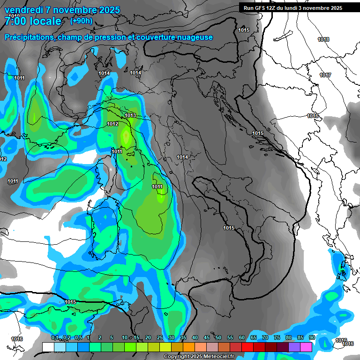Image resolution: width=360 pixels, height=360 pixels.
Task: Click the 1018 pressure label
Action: [x=323, y=40]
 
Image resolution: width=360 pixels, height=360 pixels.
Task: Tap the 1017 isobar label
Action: [x=325, y=75]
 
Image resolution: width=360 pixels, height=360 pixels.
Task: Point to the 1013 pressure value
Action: [x=130, y=115]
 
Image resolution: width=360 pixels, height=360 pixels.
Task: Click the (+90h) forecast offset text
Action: [x=81, y=21]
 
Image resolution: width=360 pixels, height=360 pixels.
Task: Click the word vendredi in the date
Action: [x=24, y=10]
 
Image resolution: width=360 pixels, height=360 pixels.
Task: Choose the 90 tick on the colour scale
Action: [x=312, y=337]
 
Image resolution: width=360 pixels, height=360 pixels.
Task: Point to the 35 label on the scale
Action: [x=183, y=337]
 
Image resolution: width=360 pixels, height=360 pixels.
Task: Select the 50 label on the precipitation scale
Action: [x=218, y=337]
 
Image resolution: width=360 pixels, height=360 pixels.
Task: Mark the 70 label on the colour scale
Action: [x=265, y=337]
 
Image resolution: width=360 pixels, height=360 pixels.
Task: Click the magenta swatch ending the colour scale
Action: [x=306, y=346]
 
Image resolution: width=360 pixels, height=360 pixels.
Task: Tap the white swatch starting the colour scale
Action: [x=48, y=346]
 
